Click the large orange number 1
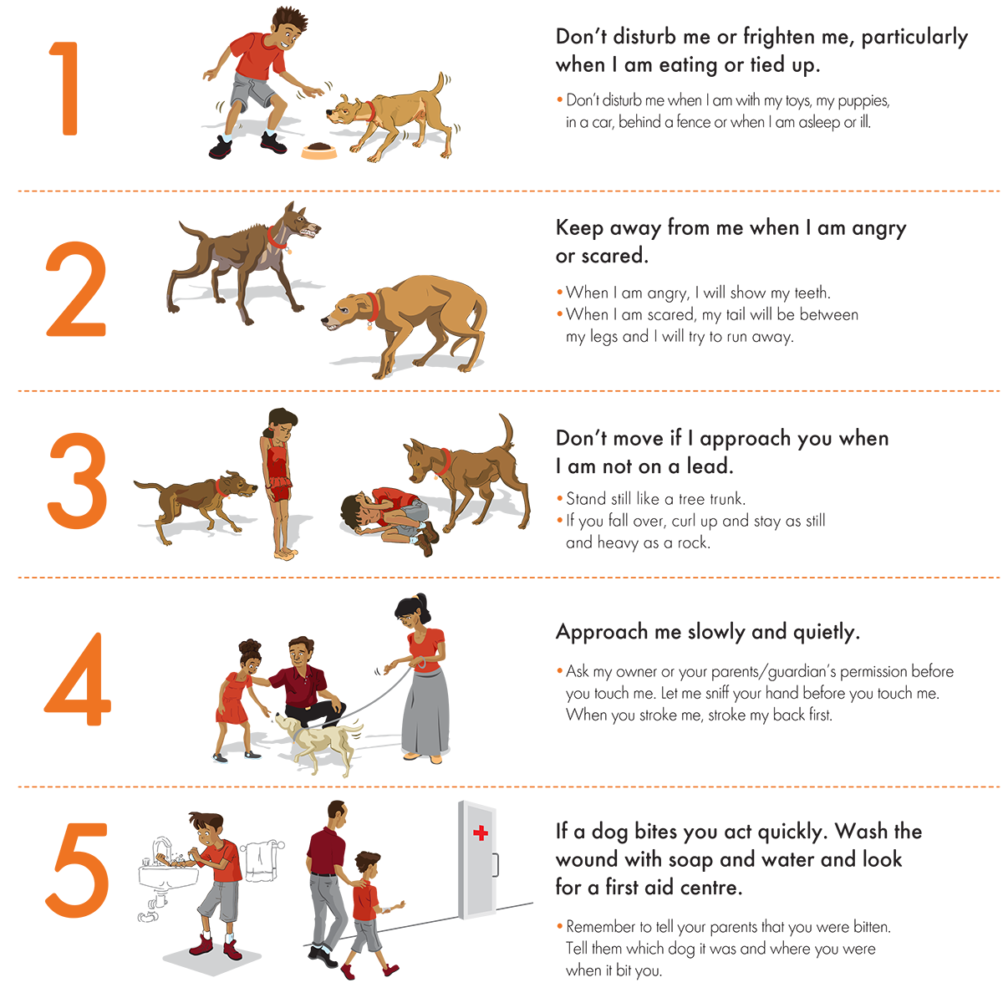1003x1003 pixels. [66, 89]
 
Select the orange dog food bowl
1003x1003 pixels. [318, 150]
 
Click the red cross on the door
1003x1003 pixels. [480, 832]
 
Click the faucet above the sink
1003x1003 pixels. [162, 849]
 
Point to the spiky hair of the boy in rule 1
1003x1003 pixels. [289, 21]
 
